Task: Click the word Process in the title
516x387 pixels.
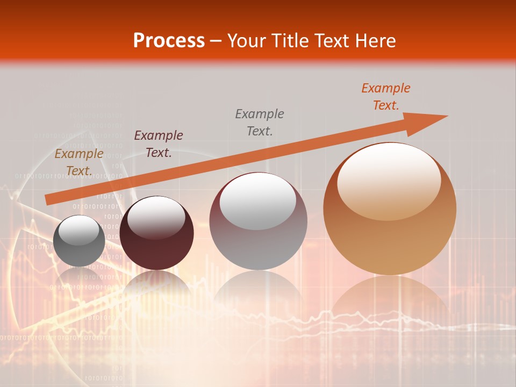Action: click(169, 40)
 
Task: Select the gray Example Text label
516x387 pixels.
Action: click(260, 122)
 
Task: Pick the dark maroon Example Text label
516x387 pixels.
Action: click(159, 144)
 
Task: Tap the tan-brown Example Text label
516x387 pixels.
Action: click(79, 162)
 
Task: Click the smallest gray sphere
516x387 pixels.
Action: click(79, 241)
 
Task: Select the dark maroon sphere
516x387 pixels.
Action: click(156, 233)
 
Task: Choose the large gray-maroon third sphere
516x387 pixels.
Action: click(258, 221)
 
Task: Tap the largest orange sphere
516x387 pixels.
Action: click(390, 210)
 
